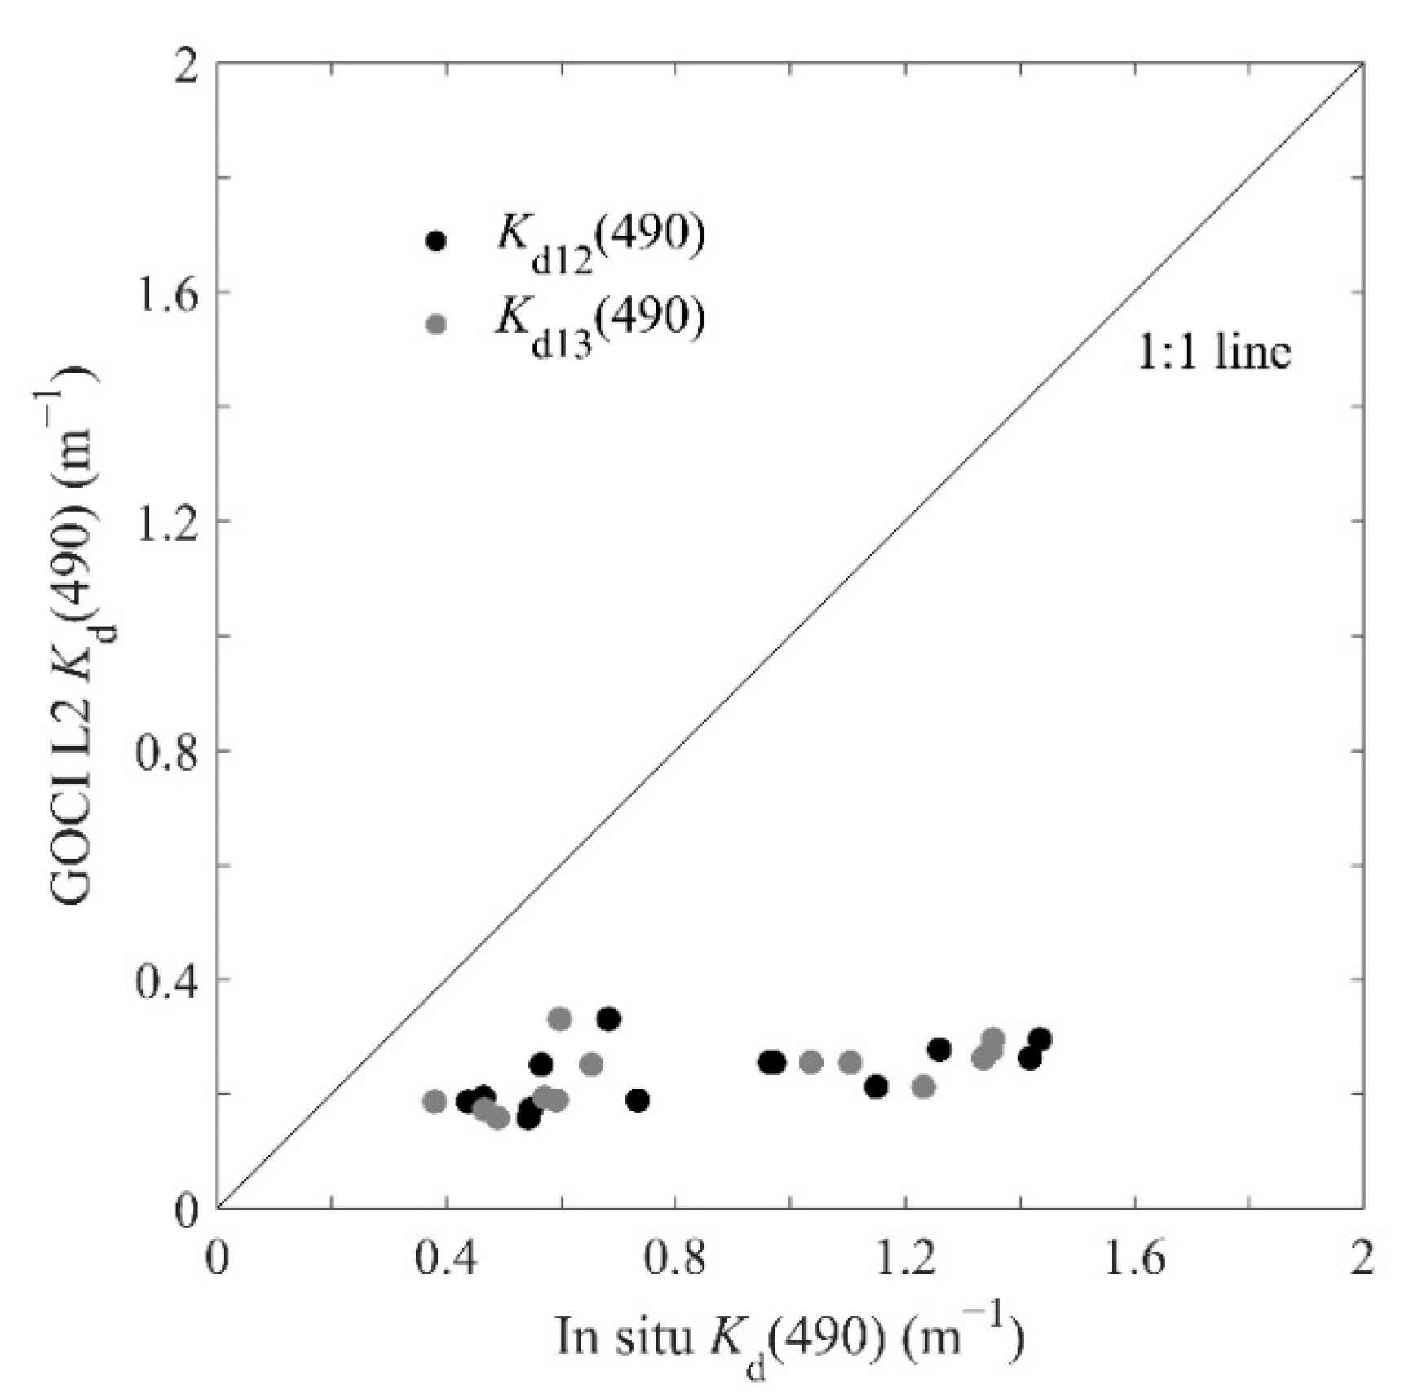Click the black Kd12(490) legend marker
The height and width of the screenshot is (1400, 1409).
pyautogui.click(x=437, y=241)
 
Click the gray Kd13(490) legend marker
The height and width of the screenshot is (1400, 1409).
pyautogui.click(x=437, y=324)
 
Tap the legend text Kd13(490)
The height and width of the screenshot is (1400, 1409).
pyautogui.click(x=599, y=320)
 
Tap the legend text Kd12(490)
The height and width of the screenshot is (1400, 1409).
pyautogui.click(x=599, y=237)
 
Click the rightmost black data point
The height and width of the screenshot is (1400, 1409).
pyautogui.click(x=1040, y=1040)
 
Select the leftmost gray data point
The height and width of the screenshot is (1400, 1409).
pyautogui.click(x=435, y=1102)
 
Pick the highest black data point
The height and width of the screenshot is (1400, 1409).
pyautogui.click(x=608, y=1018)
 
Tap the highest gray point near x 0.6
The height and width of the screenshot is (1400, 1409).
pyautogui.click(x=559, y=1018)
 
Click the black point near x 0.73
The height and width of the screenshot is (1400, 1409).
pyautogui.click(x=638, y=1101)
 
